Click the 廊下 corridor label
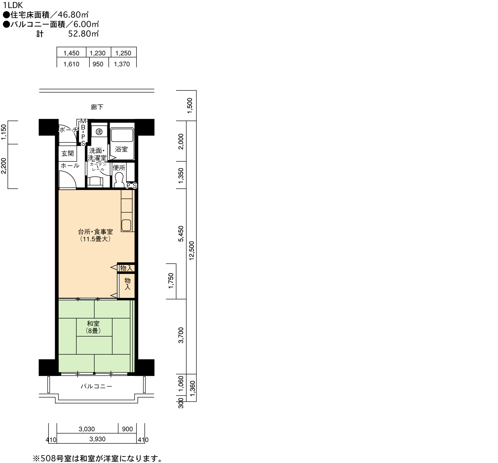(x=97, y=107)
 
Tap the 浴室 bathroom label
(x=121, y=149)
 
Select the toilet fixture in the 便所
(x=119, y=179)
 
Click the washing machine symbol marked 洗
(x=99, y=132)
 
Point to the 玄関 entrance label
(x=68, y=154)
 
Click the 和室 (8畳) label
(x=93, y=327)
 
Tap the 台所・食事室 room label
(x=96, y=235)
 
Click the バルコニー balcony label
(x=97, y=386)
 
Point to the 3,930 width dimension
(x=97, y=439)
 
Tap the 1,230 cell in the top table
(x=98, y=53)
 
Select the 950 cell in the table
(x=98, y=64)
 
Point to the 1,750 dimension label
(x=171, y=281)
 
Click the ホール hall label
(x=70, y=166)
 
